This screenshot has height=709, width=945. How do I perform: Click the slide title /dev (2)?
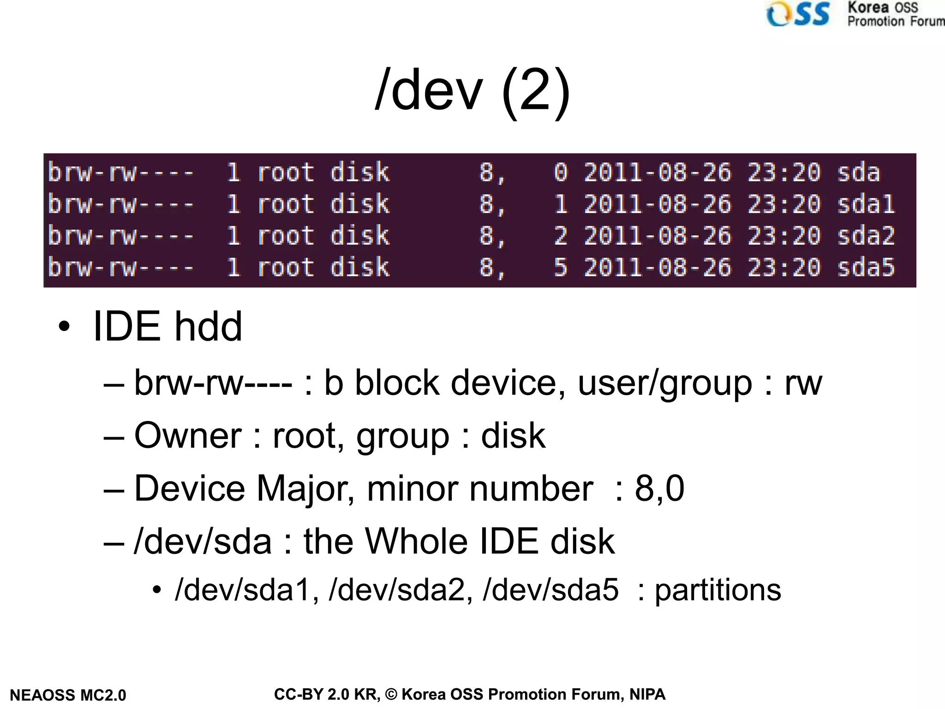click(472, 90)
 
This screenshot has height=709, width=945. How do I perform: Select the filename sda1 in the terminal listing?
click(866, 204)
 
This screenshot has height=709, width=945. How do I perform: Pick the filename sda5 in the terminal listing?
click(866, 267)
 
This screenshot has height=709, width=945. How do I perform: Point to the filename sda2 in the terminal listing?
click(866, 235)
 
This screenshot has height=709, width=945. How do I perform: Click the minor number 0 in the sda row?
click(560, 172)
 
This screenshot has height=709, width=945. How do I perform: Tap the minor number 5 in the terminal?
click(560, 267)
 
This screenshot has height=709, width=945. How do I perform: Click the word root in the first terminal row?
click(286, 172)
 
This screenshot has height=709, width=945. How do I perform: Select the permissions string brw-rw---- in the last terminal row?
click(121, 267)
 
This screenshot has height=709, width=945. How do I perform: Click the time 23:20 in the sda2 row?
click(784, 235)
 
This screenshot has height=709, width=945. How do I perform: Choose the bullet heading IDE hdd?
click(167, 327)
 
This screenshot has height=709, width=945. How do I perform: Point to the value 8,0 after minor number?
click(659, 488)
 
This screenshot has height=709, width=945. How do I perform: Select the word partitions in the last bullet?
click(718, 590)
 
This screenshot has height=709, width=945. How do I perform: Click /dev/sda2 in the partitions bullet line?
click(400, 590)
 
